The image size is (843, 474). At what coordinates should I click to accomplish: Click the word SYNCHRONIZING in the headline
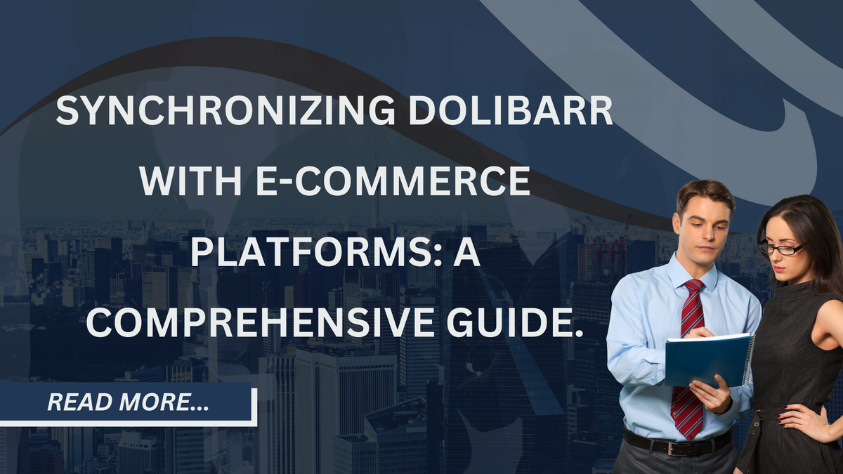click(225, 111)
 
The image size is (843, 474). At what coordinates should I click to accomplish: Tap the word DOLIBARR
click(511, 111)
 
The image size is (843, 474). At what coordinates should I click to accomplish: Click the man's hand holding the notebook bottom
click(712, 393)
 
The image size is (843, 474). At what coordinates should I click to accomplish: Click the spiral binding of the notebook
click(749, 360)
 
